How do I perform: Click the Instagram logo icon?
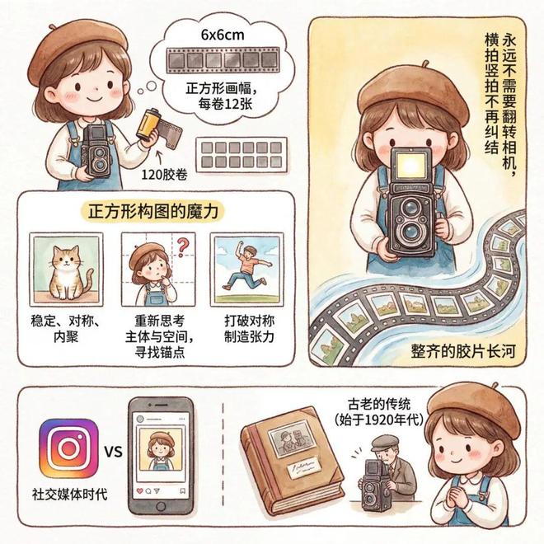tap(68, 448)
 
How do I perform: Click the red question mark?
tap(182, 246)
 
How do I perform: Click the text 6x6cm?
tap(223, 35)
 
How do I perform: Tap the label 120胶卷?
tap(165, 175)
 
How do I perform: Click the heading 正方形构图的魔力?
tap(153, 212)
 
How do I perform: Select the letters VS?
tap(113, 452)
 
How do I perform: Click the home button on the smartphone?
tap(161, 506)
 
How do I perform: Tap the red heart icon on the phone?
tap(140, 491)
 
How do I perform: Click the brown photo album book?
tap(292, 461)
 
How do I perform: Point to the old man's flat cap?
tap(384, 443)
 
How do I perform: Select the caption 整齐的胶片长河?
tap(463, 351)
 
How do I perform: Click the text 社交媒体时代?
tap(70, 495)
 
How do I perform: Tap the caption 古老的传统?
tap(379, 404)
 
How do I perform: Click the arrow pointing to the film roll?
tap(160, 158)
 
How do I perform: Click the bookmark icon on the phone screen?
tap(182, 491)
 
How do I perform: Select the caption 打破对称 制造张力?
tap(249, 329)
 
